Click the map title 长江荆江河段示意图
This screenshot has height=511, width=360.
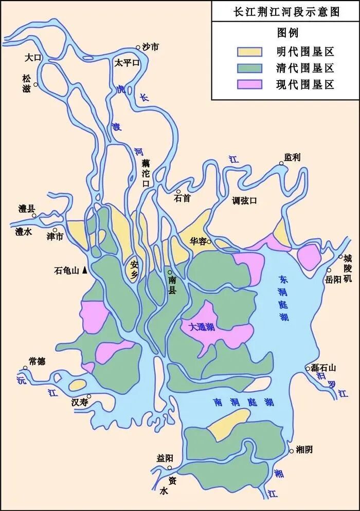[286, 12]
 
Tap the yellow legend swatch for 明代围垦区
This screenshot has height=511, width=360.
[249, 51]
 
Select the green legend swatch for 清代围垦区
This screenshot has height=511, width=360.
[249, 68]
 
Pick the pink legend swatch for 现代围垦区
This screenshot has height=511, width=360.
[249, 84]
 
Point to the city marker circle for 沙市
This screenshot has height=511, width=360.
[138, 47]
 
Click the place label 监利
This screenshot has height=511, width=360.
[292, 157]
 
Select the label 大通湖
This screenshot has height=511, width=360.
[202, 326]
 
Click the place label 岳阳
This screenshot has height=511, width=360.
[333, 280]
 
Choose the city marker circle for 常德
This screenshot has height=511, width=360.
[25, 368]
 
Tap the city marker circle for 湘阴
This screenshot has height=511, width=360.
[292, 451]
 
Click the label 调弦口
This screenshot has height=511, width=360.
[244, 200]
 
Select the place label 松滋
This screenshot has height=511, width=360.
[27, 83]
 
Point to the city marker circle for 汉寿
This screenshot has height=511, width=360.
[89, 396]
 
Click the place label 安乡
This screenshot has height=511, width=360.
[135, 269]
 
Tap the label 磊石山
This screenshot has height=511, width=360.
[325, 368]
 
